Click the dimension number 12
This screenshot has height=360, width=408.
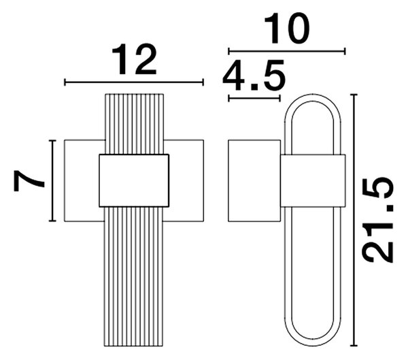click(134, 59)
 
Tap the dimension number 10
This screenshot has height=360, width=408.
click(287, 29)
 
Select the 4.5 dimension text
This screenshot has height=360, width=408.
click(254, 75)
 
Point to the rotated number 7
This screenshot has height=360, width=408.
click(29, 181)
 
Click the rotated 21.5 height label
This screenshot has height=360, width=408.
click(378, 220)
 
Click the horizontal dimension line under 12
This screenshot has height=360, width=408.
click(134, 82)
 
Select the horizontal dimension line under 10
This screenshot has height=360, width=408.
click(287, 51)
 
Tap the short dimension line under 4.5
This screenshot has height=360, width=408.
click(254, 99)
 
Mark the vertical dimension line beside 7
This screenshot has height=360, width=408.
click(52, 180)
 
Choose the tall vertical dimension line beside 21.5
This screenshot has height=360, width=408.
click(354, 220)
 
